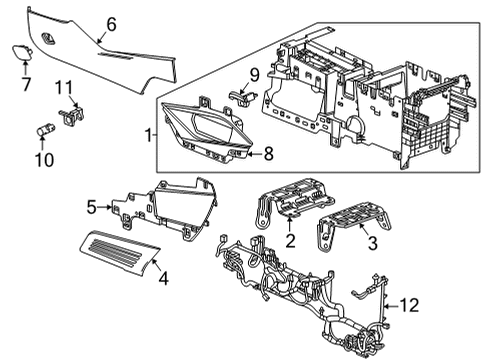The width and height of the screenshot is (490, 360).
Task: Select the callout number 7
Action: [x=26, y=72]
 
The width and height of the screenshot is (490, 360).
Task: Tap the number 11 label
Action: [x=63, y=87]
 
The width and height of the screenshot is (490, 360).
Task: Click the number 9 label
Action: [x=253, y=73]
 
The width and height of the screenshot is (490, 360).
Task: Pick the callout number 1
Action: [x=150, y=133]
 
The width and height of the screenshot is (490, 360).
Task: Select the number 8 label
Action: [x=266, y=154]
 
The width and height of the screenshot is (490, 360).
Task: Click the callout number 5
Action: [x=91, y=207]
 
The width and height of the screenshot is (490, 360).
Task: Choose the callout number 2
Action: [x=290, y=241]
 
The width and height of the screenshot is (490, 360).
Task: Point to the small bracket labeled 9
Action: [x=240, y=94]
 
